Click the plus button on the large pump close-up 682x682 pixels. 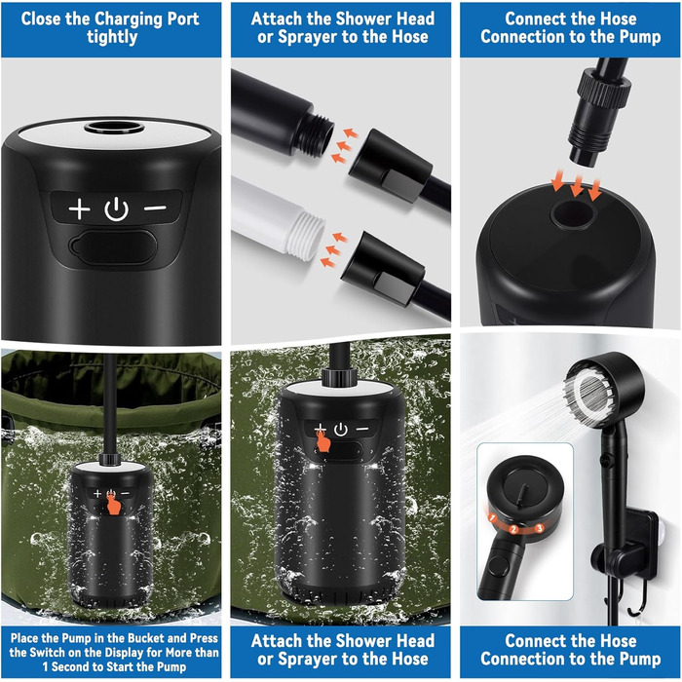click(79, 208)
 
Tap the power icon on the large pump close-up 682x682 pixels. click(117, 209)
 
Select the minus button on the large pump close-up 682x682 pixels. click(155, 208)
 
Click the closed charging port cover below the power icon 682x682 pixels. click(113, 247)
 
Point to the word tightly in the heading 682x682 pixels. click(112, 37)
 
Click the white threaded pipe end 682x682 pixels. click(304, 232)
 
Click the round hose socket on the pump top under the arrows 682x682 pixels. click(571, 214)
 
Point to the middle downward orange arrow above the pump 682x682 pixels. click(577, 186)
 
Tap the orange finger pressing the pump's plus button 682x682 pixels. click(322, 439)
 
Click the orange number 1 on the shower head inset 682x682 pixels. click(492, 518)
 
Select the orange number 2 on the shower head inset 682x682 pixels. click(513, 529)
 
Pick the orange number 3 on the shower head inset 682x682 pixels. click(540, 528)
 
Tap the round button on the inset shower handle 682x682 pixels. click(499, 567)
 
